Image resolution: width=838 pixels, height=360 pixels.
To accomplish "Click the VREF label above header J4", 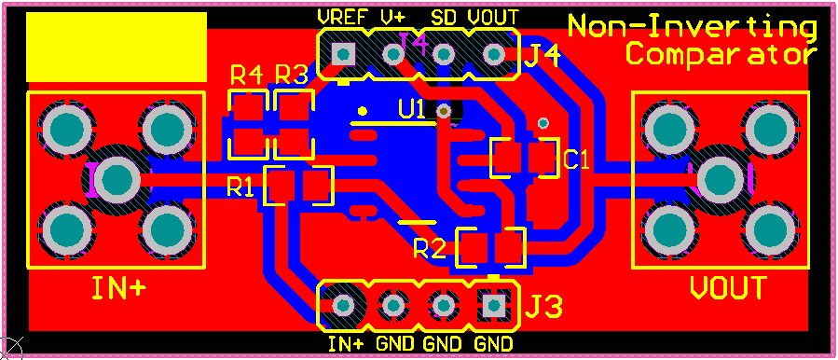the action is coord(340,17).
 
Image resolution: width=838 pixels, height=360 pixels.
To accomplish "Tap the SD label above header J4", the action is coord(444,17).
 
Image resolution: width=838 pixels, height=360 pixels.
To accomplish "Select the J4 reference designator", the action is coord(543,57).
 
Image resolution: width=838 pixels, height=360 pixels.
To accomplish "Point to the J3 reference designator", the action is coord(546,305).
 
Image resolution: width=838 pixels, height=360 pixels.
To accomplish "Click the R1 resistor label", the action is coord(240,187).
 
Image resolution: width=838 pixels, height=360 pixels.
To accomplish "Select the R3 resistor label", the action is coord(292,75).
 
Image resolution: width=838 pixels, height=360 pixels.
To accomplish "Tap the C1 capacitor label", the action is coord(577,159).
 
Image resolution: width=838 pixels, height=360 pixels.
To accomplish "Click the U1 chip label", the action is coord(411,109).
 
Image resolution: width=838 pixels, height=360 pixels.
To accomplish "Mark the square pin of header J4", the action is coord(344,55).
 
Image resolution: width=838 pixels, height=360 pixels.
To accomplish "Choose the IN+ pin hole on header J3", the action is coord(343,305).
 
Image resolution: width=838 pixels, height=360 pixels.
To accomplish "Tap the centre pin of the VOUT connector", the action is coord(719,178).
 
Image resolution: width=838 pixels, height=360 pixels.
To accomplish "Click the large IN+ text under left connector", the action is coord(118,288).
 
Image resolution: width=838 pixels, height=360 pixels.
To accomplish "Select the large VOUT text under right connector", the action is coord(728,288).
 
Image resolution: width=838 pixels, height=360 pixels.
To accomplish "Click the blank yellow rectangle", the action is coord(116,47).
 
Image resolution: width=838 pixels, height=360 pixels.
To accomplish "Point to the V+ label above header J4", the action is coord(392,17).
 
